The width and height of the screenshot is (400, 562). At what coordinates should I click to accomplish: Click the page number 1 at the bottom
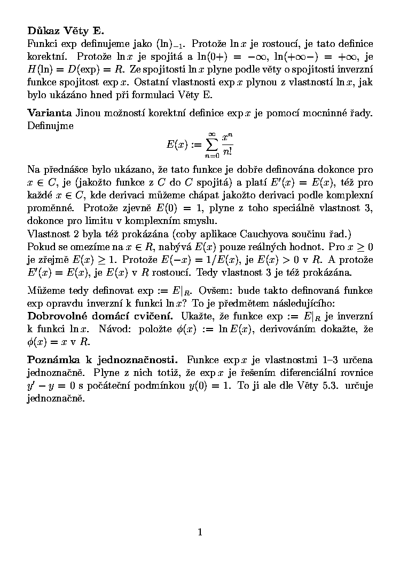[x=200, y=532]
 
